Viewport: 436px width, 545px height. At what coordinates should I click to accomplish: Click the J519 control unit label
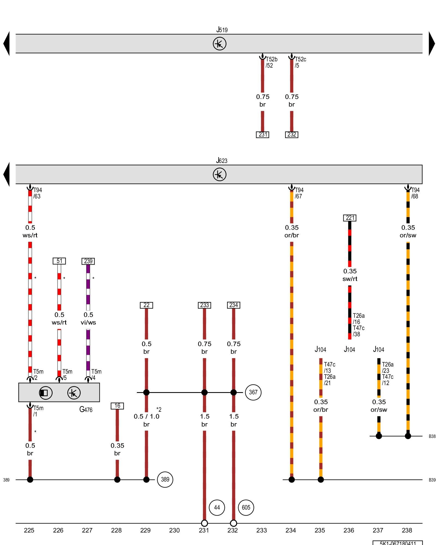tap(222, 30)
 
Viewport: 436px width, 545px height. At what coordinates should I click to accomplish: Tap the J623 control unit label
tap(222, 161)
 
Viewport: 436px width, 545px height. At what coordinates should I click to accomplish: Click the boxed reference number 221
tap(350, 218)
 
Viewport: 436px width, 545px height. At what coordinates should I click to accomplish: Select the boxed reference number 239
tap(88, 261)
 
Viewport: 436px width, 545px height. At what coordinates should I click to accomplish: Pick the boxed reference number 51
tap(59, 261)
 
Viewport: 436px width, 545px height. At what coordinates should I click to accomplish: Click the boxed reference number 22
tap(146, 305)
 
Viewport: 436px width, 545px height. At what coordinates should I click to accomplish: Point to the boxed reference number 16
tap(117, 406)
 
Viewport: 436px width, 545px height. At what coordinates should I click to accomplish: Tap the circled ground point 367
tap(253, 392)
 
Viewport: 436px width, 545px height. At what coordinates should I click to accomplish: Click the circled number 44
tap(217, 507)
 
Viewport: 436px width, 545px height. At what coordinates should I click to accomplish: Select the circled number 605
tap(246, 507)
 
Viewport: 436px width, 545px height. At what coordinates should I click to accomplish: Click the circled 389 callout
tap(165, 480)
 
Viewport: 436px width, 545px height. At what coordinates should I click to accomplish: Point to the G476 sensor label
tap(86, 410)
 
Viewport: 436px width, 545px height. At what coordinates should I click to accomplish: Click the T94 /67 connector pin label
tap(299, 193)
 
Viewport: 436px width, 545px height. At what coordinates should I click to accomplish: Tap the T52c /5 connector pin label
tap(300, 62)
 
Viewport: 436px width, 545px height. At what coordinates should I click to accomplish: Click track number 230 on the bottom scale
tap(174, 530)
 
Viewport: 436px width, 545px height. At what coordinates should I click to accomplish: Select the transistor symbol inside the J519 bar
tap(219, 44)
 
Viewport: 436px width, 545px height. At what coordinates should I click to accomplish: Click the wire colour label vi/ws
tap(88, 322)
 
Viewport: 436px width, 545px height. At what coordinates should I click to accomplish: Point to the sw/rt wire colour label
tap(350, 279)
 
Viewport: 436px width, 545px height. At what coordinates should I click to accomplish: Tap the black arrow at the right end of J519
tap(432, 44)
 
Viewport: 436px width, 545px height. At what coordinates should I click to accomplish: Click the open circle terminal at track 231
tap(204, 523)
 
